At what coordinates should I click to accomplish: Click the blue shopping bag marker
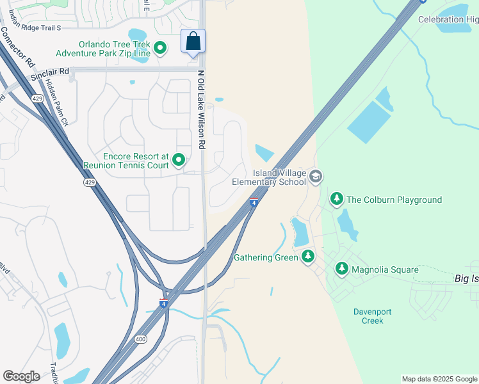(193, 42)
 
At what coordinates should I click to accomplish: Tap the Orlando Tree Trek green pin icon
(160, 48)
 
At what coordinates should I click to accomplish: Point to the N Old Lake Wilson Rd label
(201, 109)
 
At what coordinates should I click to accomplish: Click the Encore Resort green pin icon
(179, 160)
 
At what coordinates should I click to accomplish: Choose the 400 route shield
(140, 339)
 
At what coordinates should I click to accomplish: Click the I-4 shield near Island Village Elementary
(254, 203)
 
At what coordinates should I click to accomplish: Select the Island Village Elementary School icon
(315, 176)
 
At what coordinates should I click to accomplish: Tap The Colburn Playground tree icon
(337, 200)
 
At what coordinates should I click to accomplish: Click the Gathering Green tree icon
(308, 257)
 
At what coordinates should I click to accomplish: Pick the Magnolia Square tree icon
(342, 269)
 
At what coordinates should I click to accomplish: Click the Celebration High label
(448, 20)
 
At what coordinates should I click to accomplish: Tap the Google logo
(21, 376)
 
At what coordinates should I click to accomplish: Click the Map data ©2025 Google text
(439, 379)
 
